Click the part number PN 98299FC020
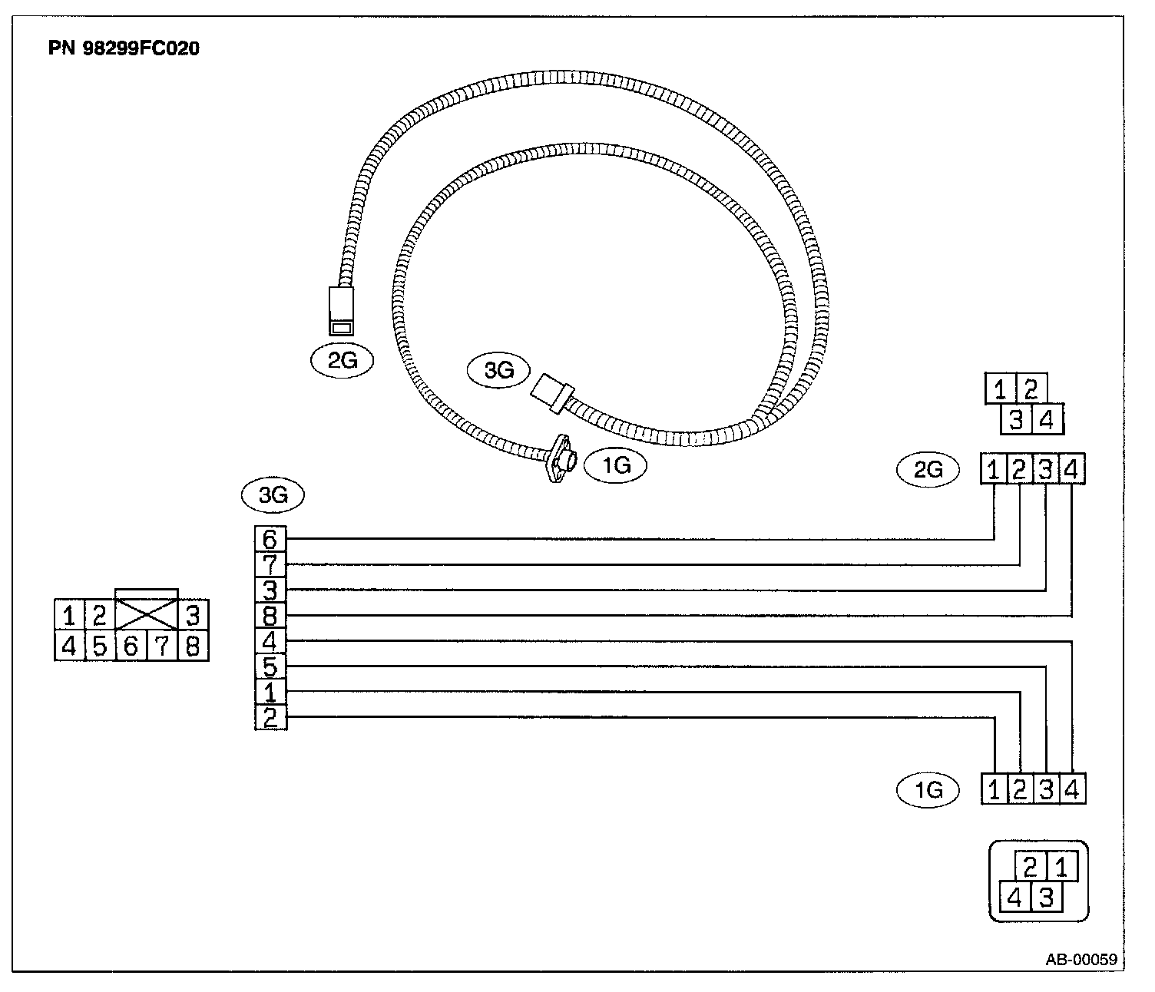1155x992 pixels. [x=124, y=48]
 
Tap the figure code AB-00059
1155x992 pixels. [x=1081, y=960]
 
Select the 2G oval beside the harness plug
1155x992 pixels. [x=343, y=360]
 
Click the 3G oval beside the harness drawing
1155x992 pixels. [x=499, y=372]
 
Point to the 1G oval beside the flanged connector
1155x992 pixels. [x=616, y=465]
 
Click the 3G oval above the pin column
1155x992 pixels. [x=273, y=495]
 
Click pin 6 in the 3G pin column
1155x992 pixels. [x=270, y=539]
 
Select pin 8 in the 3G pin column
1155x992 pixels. [x=270, y=616]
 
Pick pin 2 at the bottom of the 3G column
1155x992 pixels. [x=270, y=718]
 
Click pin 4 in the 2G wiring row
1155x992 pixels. [x=1072, y=469]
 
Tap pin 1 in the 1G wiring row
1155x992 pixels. [x=994, y=789]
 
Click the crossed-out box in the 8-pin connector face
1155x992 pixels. [x=146, y=614]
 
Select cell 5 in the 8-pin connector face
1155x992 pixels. [x=100, y=646]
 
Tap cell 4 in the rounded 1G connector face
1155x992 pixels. [x=1014, y=897]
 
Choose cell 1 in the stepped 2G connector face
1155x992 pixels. [x=1000, y=390]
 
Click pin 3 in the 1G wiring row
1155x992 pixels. [x=1046, y=789]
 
